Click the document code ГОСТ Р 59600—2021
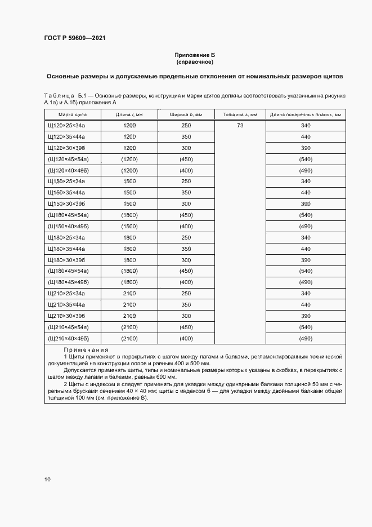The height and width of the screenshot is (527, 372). tap(75, 38)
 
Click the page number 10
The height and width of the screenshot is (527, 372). tap(47, 480)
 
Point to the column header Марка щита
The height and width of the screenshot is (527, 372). tap(63, 114)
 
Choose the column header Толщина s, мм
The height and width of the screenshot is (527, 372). tap(240, 114)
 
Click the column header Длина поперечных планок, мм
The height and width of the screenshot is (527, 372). tap(306, 114)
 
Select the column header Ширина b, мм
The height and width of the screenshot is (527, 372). tap(186, 114)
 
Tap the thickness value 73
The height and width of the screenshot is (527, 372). tap(240, 125)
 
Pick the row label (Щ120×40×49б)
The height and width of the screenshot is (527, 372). tap(69, 170)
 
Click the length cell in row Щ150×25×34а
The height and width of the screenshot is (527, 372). tap(129, 181)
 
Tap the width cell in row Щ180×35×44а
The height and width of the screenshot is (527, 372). tap(186, 249)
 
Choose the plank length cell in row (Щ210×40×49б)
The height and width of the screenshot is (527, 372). tap(306, 338)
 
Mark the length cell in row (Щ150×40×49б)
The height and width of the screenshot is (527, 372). tap(129, 226)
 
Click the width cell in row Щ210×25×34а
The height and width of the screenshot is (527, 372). tap(186, 293)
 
